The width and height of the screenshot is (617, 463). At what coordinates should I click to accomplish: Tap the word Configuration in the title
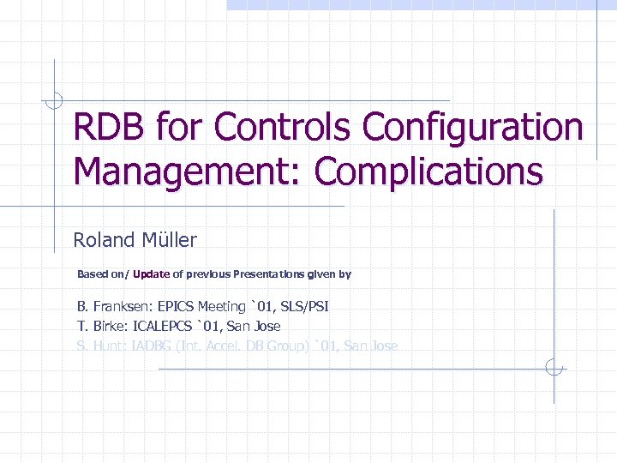click(472, 128)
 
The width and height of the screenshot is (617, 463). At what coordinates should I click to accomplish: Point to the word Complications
click(428, 171)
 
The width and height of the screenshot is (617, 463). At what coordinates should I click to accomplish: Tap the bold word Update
click(151, 274)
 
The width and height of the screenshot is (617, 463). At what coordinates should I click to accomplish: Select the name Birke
click(111, 327)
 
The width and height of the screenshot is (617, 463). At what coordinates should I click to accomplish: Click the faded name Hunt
click(111, 346)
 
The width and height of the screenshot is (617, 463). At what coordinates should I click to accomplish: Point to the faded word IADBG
click(150, 346)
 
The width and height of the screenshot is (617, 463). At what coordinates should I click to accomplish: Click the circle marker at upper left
click(54, 101)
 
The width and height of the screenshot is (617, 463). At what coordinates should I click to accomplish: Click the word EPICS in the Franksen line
click(177, 306)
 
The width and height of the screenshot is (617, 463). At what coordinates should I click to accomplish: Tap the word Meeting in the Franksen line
click(221, 306)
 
